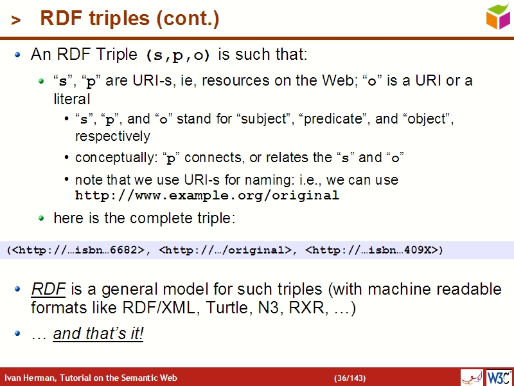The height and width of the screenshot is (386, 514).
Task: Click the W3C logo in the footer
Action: coord(499,377)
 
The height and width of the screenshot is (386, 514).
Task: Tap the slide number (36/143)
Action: coord(350,378)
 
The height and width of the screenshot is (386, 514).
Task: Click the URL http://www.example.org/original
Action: coord(207,196)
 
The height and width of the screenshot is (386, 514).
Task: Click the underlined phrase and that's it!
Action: coord(98,334)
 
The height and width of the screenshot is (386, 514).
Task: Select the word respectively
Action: coord(112,136)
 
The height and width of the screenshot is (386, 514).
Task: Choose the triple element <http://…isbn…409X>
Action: coord(371,250)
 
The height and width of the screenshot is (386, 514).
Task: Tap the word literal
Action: coord(71,99)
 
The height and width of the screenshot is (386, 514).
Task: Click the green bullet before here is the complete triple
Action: coord(40,219)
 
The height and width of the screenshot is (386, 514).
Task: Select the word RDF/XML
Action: coord(170,308)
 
